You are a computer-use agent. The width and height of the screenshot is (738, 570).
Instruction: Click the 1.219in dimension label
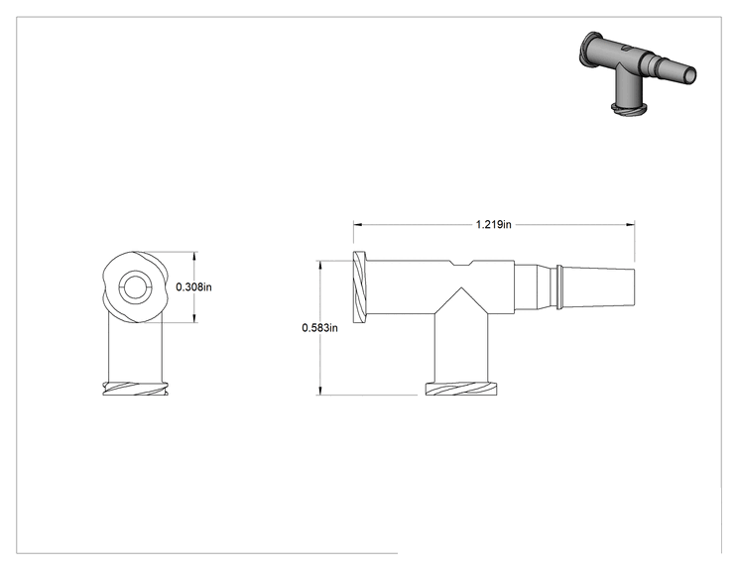tap(493, 224)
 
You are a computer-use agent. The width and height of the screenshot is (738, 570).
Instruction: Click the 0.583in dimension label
tap(319, 328)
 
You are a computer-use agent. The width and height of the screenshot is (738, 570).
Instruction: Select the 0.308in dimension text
tap(193, 286)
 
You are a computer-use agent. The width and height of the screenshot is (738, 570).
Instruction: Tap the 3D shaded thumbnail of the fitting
tap(637, 73)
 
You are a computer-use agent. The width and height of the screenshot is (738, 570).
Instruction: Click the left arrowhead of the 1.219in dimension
tap(357, 225)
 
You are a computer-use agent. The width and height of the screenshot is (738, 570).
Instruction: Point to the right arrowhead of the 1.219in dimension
tap(630, 225)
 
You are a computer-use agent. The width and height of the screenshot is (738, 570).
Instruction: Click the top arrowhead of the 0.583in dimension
tap(320, 265)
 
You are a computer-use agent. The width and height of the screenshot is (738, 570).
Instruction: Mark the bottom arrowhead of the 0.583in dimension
tap(320, 391)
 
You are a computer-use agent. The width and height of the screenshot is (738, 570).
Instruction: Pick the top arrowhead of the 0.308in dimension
tap(195, 256)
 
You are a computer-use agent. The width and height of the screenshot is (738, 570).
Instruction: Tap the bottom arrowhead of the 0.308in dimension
tap(195, 318)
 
